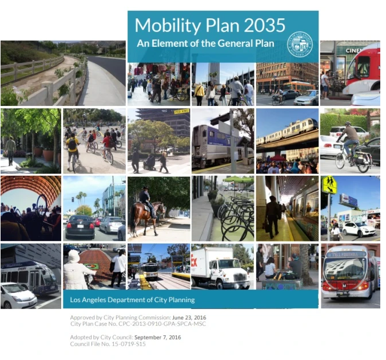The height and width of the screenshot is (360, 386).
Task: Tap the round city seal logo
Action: (300, 43)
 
